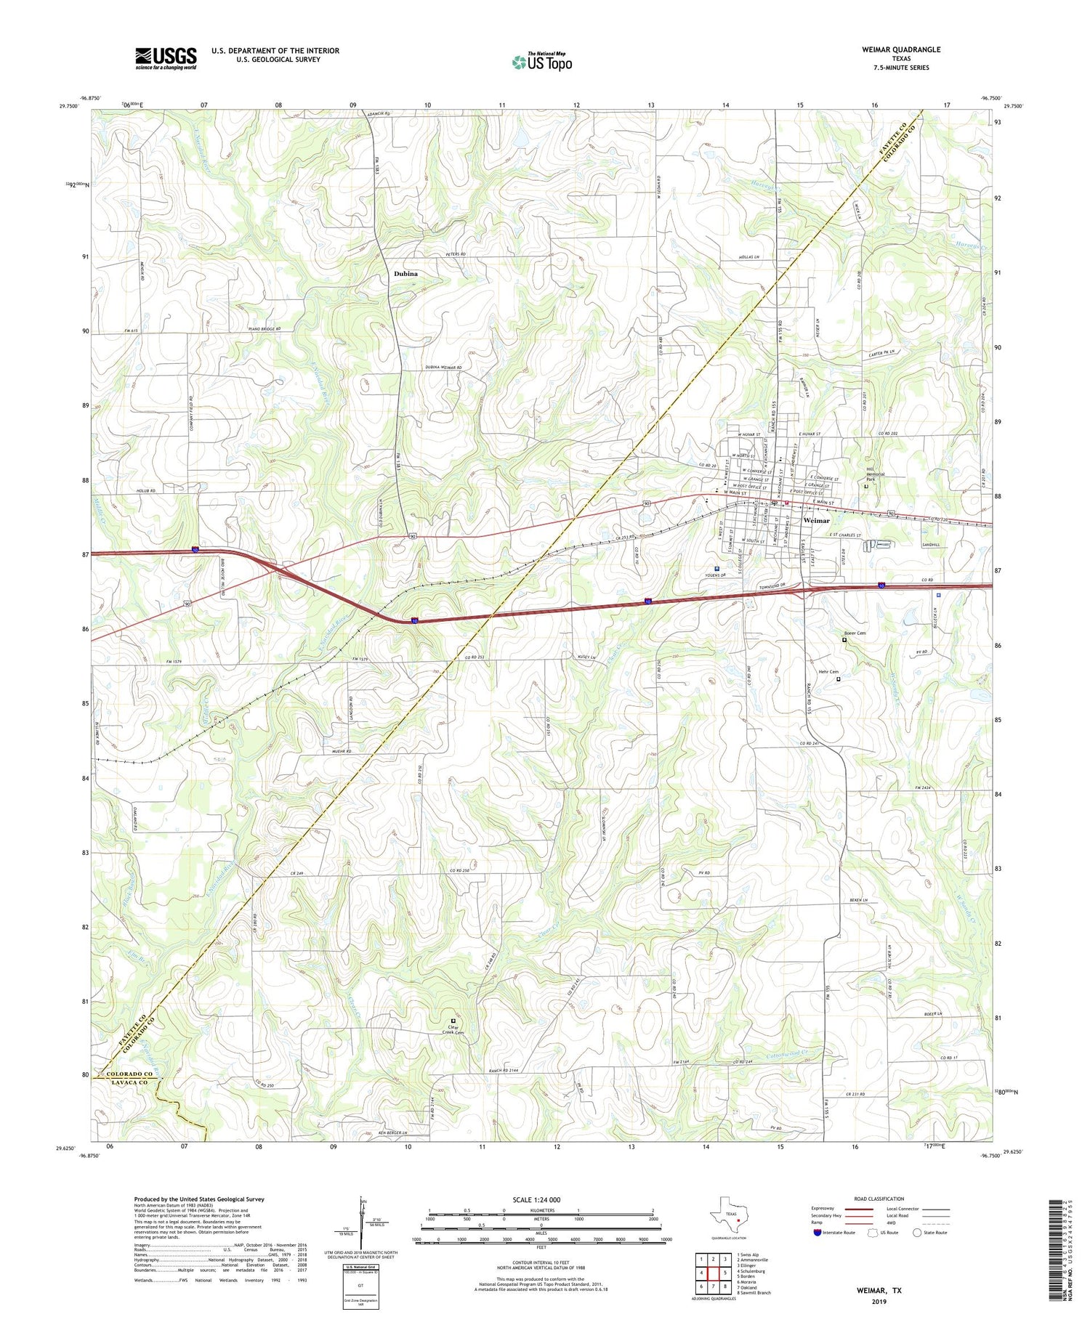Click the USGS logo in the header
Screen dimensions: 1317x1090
pyautogui.click(x=166, y=58)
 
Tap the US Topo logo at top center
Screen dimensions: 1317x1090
pyautogui.click(x=542, y=62)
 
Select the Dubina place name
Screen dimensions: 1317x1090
pyautogui.click(x=405, y=274)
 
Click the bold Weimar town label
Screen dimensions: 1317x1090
pyautogui.click(x=817, y=520)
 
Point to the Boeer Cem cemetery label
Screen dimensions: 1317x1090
pyautogui.click(x=855, y=633)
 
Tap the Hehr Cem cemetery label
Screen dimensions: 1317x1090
pyautogui.click(x=829, y=672)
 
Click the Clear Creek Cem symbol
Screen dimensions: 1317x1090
pyautogui.click(x=453, y=1021)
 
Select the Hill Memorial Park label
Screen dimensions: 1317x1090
pyautogui.click(x=875, y=476)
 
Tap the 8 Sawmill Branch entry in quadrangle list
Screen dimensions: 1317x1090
pyautogui.click(x=754, y=1293)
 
